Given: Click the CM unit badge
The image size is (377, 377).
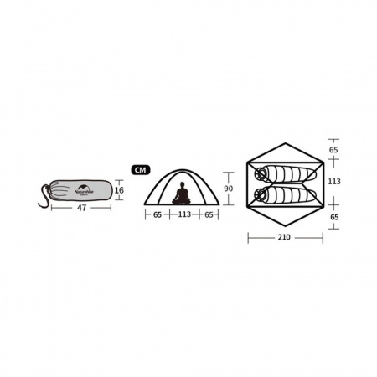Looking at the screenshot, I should [x=140, y=169].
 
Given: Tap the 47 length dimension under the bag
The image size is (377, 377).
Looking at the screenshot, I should [x=81, y=209].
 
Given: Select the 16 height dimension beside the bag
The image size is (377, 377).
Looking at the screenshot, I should [x=119, y=190].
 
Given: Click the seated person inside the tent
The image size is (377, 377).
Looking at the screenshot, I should [x=181, y=194].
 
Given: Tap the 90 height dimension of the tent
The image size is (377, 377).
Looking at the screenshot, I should [x=229, y=177].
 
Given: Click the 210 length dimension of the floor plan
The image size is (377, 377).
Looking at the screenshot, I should [x=285, y=238].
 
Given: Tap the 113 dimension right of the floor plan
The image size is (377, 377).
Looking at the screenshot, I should [x=334, y=182].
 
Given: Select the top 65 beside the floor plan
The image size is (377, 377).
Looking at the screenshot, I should [x=334, y=150].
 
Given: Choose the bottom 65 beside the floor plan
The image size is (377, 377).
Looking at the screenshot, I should [x=334, y=217].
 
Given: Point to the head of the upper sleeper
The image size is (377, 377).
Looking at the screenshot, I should [x=261, y=174].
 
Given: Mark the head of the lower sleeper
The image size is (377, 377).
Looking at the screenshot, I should [x=261, y=195].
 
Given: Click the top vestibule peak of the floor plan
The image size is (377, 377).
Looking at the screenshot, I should [x=285, y=143].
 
